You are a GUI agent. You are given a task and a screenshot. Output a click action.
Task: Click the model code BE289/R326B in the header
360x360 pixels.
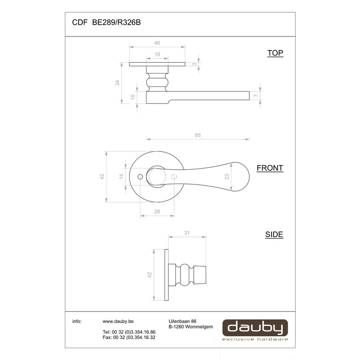(x=116, y=23)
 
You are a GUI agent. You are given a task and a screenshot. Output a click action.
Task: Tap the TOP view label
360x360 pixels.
(x=275, y=53)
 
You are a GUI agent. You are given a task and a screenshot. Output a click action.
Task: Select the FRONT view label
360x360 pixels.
(x=270, y=168)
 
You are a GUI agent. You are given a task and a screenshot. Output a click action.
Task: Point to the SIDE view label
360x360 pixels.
(x=274, y=235)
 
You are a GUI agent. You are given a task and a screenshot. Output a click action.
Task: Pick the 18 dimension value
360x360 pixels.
(x=156, y=54)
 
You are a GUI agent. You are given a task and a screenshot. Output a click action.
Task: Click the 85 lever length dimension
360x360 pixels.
(x=198, y=135)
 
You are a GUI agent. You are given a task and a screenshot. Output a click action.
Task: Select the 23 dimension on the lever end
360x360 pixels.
(x=226, y=176)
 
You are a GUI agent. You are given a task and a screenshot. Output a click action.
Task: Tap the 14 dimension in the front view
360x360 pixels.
(x=121, y=176)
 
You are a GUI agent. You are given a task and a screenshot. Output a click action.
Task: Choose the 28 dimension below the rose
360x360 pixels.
(x=157, y=212)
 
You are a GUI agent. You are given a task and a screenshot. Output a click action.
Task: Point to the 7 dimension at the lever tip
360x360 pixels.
(x=255, y=96)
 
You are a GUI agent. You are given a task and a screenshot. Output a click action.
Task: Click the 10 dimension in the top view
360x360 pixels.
(x=133, y=97)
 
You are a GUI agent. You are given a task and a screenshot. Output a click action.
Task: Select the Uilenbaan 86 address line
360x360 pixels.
(x=183, y=321)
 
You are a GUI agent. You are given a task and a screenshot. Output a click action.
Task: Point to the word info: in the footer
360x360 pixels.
(x=77, y=321)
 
